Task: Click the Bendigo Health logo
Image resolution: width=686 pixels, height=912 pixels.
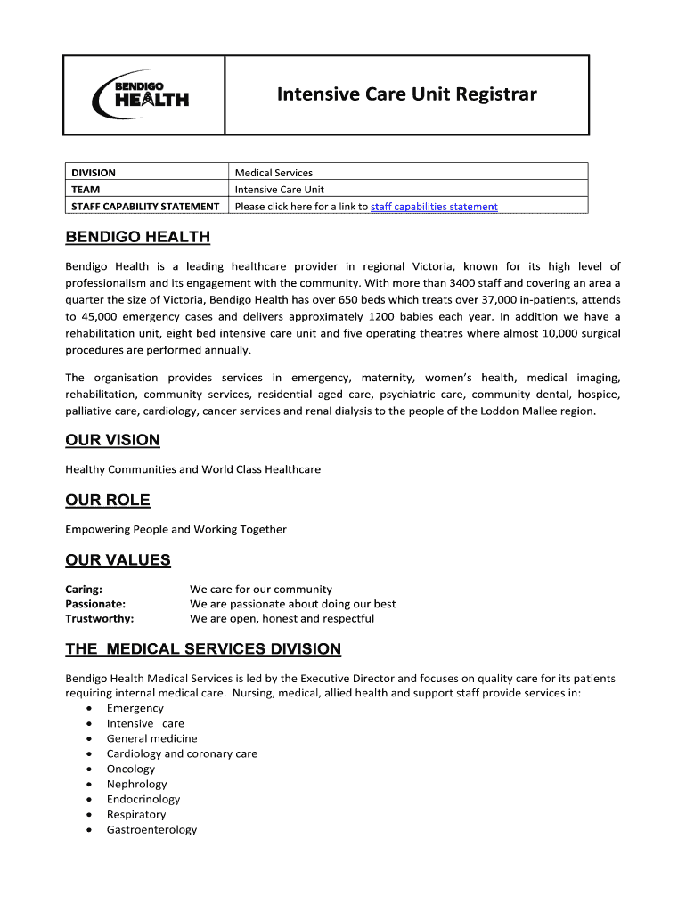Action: (141, 94)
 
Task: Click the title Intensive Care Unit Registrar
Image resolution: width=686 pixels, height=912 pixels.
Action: (406, 94)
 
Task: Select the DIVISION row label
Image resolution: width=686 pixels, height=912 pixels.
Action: (94, 173)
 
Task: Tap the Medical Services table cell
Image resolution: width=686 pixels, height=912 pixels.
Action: (274, 173)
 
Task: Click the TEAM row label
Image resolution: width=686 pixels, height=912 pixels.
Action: (86, 190)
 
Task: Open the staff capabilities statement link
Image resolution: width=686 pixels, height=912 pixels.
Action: (434, 207)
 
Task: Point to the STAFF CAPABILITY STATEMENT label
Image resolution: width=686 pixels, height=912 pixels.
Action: (145, 207)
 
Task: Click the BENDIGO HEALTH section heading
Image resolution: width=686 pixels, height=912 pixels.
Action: (138, 237)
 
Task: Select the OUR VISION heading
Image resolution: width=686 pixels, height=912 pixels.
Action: (112, 440)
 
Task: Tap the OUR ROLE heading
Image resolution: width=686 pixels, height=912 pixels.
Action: (108, 500)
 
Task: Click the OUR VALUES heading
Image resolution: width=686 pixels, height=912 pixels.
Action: (118, 560)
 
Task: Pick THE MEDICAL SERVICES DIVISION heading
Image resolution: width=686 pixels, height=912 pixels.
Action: (203, 649)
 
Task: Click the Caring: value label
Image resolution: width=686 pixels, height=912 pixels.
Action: (84, 589)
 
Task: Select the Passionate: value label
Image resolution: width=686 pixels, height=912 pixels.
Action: (95, 604)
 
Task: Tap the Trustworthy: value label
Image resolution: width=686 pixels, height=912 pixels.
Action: (100, 619)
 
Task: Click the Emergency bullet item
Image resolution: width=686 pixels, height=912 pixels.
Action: (135, 709)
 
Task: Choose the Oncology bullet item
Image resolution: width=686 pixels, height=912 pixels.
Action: (131, 769)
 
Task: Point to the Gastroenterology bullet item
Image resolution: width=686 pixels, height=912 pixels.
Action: (151, 830)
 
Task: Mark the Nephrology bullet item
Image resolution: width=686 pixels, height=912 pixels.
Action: (136, 785)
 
